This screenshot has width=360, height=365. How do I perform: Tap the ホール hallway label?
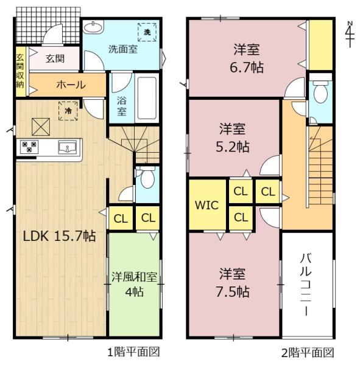point(71,85)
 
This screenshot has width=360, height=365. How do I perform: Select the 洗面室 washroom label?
point(122,49)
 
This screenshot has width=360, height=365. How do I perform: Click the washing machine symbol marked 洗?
point(148,31)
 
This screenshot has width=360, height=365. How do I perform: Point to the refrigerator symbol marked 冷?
point(69,111)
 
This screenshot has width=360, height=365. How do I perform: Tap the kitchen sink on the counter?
point(67,147)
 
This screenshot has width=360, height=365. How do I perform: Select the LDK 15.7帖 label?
point(60,236)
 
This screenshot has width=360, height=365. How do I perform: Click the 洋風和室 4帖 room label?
point(134,284)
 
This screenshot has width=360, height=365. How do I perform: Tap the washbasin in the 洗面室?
point(93,27)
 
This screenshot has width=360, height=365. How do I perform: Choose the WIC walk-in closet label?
point(207,205)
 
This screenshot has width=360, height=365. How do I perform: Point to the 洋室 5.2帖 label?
point(234,138)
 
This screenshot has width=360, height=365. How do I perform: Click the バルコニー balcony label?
point(307,283)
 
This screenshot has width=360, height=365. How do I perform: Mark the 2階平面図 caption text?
point(308,352)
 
